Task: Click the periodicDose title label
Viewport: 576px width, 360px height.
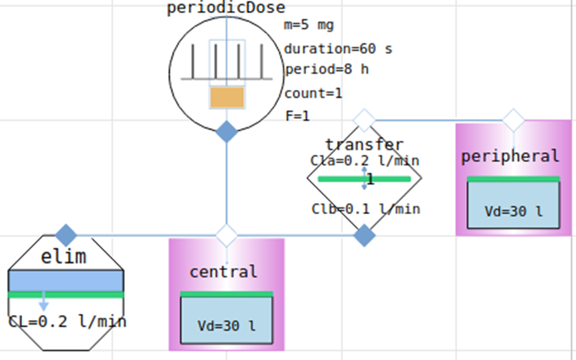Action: coord(226,8)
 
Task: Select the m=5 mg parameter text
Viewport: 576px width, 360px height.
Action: coord(309,26)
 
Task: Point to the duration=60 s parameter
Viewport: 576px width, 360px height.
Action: coord(338,49)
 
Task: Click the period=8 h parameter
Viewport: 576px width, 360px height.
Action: coord(326,70)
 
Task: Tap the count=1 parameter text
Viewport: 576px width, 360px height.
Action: coord(313,93)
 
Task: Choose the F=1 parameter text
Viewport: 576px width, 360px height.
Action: coord(297,115)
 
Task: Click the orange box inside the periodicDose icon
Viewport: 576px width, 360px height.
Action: coord(227,97)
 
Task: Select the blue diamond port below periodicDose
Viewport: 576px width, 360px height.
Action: coord(227,131)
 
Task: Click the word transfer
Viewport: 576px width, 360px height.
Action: coord(364,144)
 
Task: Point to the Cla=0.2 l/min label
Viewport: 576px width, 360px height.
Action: coord(364,160)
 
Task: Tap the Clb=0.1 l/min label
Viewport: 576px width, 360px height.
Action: coord(365,209)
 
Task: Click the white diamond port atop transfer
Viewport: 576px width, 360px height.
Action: coord(364,120)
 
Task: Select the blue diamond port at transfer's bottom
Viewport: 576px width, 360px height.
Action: coord(364,236)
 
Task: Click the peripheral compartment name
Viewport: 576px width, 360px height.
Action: coord(510,156)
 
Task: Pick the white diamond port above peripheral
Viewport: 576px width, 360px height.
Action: coord(512,120)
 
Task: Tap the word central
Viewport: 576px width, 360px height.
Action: coord(223,272)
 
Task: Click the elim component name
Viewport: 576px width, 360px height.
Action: coord(64,257)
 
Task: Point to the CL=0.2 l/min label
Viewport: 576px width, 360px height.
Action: coord(67,321)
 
